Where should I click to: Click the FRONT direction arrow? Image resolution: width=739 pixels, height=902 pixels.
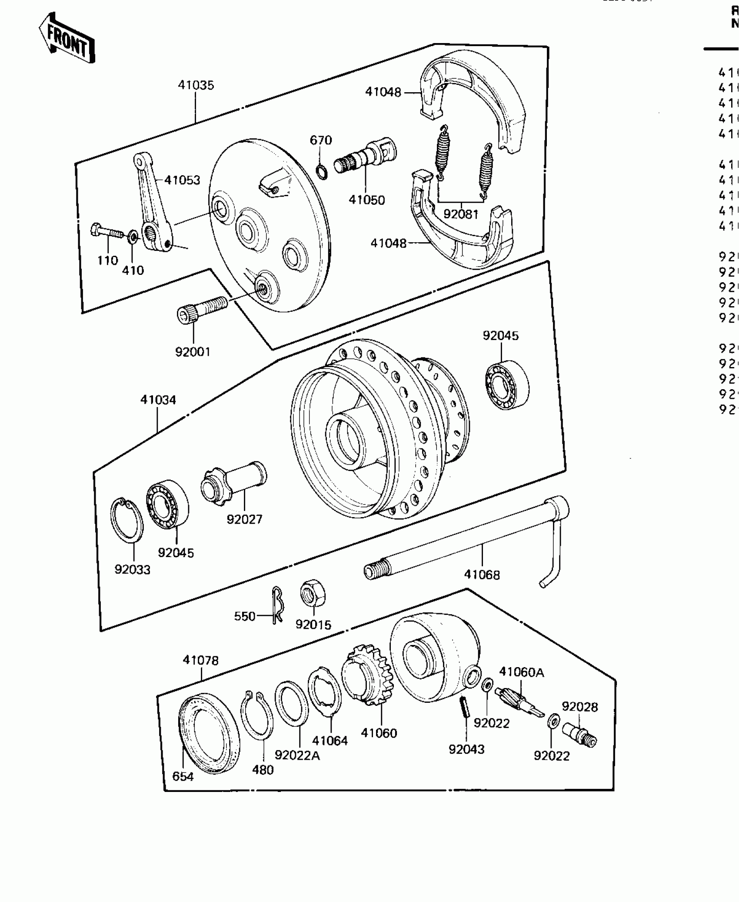[67, 38]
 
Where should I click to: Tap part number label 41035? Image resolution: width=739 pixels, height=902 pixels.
[196, 85]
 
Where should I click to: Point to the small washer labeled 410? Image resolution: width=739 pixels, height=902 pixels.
[133, 237]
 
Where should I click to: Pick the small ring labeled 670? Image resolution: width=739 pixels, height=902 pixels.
[321, 172]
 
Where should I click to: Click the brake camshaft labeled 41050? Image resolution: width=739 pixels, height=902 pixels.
[365, 157]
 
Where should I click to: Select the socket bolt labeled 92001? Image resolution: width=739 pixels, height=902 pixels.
[201, 308]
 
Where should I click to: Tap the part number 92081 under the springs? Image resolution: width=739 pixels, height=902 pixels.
[460, 214]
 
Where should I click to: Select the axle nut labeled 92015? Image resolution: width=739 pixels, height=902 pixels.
[313, 594]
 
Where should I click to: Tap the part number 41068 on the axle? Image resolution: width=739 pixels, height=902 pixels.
[482, 575]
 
